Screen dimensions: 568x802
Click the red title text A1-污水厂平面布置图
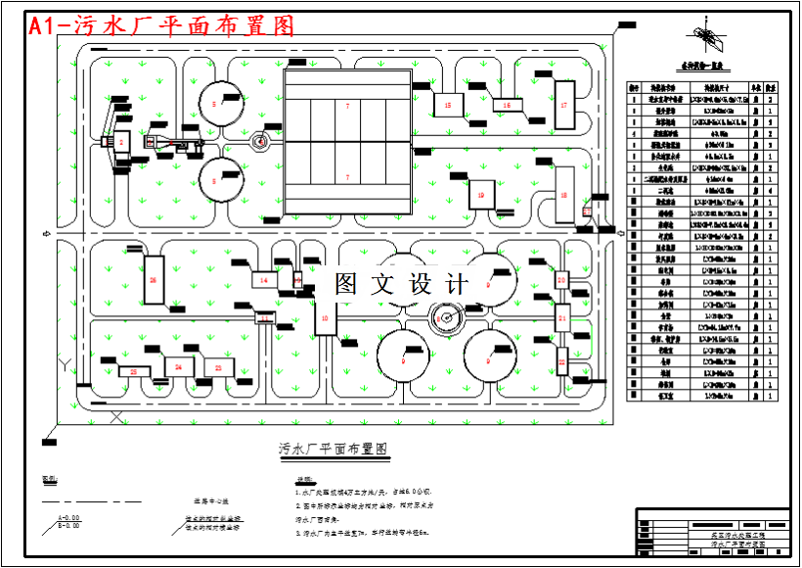click(x=161, y=26)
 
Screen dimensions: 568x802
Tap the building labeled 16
click(x=507, y=105)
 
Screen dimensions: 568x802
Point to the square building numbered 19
click(x=481, y=195)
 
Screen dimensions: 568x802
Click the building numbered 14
click(x=264, y=280)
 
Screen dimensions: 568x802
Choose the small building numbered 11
click(x=265, y=318)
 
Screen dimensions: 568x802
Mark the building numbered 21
click(x=562, y=318)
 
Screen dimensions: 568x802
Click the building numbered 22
click(x=562, y=361)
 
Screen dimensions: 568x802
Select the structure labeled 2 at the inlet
click(x=121, y=143)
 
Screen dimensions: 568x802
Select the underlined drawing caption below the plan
click(x=334, y=450)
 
